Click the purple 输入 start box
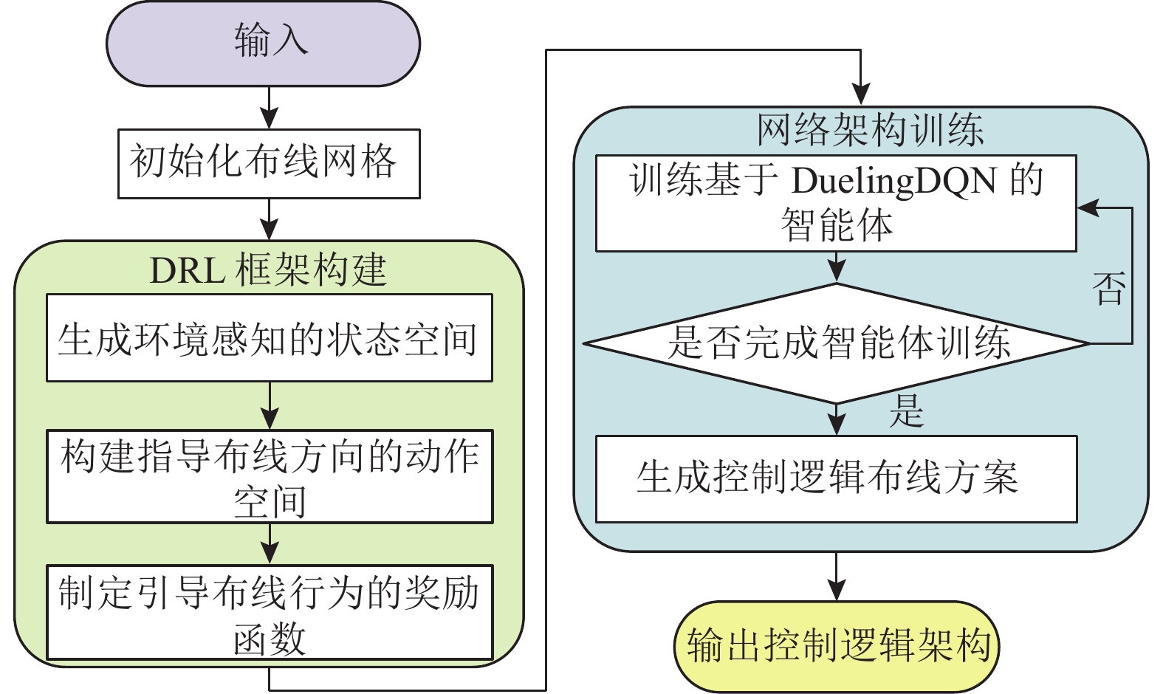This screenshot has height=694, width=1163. click(x=263, y=43)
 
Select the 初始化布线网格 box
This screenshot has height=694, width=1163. click(x=269, y=163)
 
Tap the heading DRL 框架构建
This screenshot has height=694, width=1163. click(x=268, y=269)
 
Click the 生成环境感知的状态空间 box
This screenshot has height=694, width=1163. click(x=269, y=338)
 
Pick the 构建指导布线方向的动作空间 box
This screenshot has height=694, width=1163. click(x=269, y=477)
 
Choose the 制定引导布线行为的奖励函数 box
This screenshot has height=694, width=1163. click(x=269, y=613)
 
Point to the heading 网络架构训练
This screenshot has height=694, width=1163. click(x=870, y=130)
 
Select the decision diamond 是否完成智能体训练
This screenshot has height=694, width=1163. click(x=837, y=343)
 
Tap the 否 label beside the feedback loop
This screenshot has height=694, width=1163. click(x=1109, y=289)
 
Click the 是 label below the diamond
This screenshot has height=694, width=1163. click(x=907, y=410)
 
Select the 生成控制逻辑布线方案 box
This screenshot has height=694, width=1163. click(x=836, y=478)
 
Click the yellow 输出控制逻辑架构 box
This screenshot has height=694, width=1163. click(x=837, y=646)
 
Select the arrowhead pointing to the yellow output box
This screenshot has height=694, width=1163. click(x=836, y=590)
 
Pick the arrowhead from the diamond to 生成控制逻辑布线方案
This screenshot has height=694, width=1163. click(x=836, y=425)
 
